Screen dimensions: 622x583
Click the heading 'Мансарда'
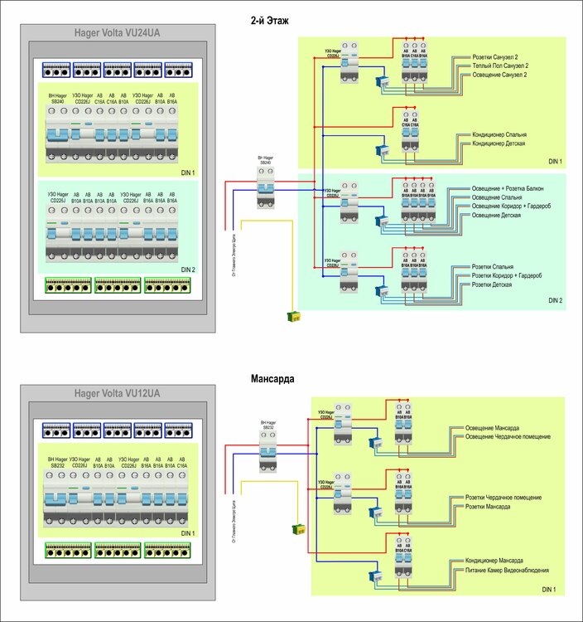point(272,379)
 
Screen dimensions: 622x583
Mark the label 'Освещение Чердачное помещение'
point(501,436)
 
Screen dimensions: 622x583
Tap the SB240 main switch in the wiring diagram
point(265,186)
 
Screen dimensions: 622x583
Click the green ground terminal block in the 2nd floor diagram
point(293,315)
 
